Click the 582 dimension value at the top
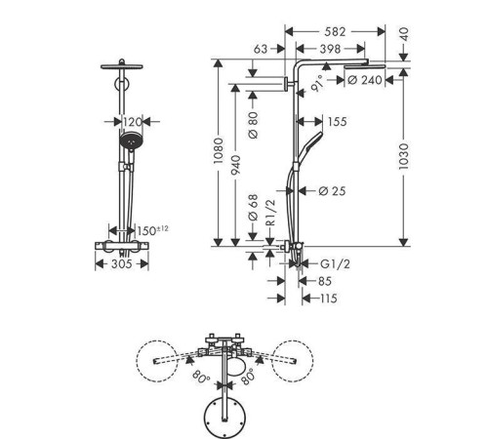pos(335,32)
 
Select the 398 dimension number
pos(330,49)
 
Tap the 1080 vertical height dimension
pos(219,150)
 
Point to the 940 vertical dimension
pos(236,165)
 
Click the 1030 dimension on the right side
pos(403,156)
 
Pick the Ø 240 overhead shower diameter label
pos(365,80)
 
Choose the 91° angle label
pos(317,84)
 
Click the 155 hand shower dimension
pos(338,122)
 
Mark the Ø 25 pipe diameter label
pos(332,191)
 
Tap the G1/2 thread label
pos(336,263)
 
